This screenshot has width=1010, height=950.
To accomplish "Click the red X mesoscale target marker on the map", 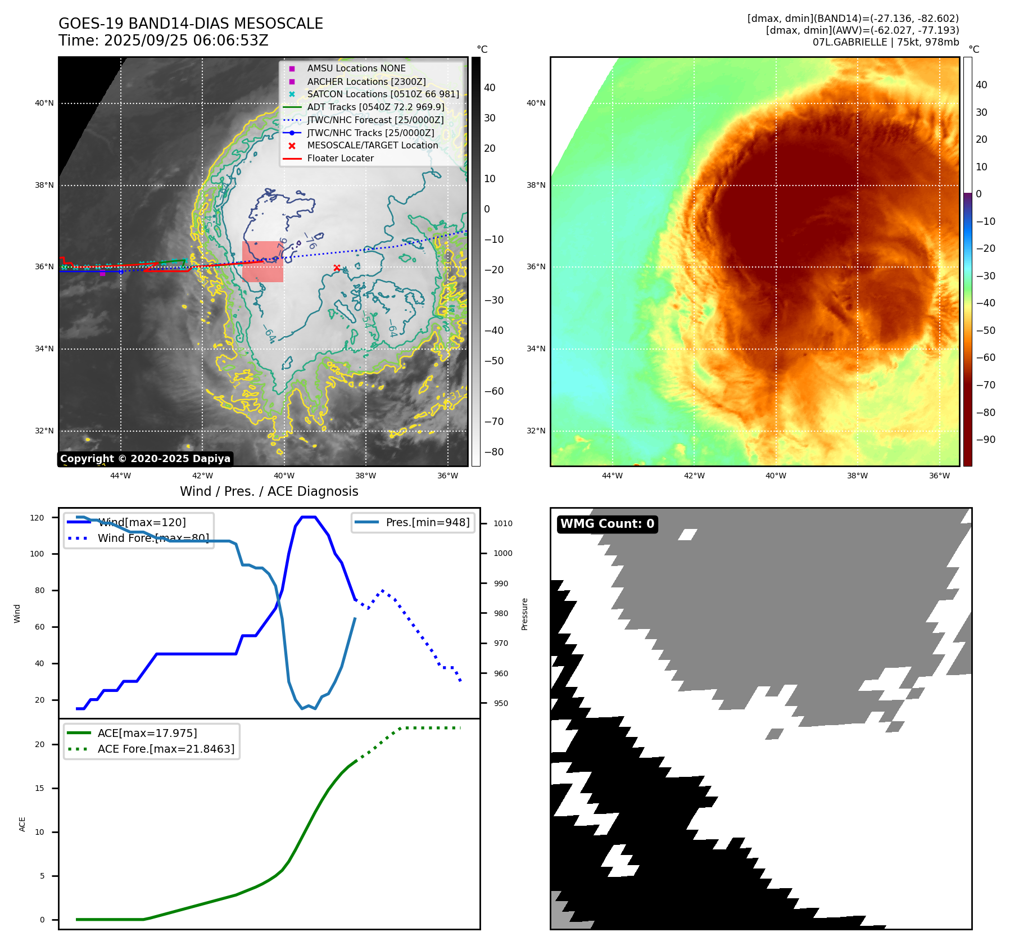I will (x=337, y=268).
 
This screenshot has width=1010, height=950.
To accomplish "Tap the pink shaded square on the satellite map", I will (x=262, y=261).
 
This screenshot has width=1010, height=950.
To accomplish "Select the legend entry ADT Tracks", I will (x=375, y=107).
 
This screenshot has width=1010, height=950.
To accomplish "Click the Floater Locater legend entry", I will (x=340, y=159).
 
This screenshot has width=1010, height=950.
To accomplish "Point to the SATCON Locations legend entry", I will (x=382, y=94).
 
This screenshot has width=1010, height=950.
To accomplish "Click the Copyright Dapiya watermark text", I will (x=145, y=459).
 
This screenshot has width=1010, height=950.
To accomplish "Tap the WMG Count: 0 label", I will (x=607, y=524).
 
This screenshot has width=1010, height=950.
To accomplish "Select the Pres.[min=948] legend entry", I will (x=427, y=522).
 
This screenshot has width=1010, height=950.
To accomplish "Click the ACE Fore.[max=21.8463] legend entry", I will (x=166, y=749).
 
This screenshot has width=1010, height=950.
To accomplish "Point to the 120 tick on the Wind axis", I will (x=37, y=518).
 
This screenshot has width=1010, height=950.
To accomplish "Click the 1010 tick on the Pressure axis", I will (x=502, y=523).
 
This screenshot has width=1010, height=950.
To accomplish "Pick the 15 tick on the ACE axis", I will (x=39, y=788).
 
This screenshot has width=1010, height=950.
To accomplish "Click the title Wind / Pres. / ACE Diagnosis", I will (x=269, y=491).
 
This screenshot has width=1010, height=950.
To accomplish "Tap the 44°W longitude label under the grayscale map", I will (x=120, y=476).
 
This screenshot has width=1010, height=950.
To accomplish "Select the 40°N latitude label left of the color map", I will (x=536, y=103).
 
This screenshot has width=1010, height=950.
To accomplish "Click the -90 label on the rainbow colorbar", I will (x=985, y=440).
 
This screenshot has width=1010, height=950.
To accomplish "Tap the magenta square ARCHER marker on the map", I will (x=102, y=274).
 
